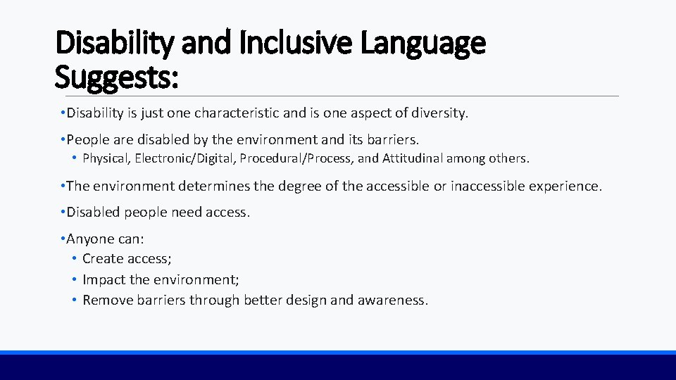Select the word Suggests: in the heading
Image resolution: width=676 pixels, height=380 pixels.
point(116,77)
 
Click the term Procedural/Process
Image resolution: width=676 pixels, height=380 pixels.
point(296,158)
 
